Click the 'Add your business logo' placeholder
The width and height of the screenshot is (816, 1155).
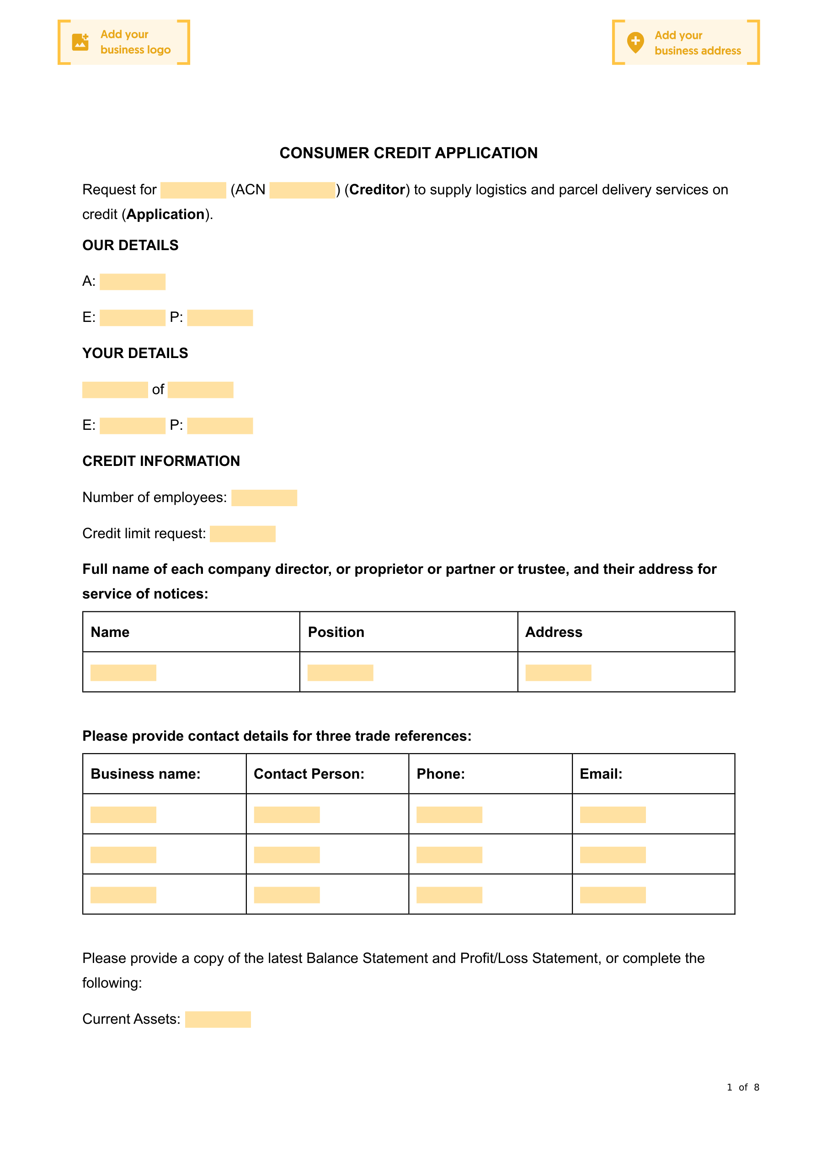(x=124, y=42)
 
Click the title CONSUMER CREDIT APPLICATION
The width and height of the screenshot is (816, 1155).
(x=409, y=153)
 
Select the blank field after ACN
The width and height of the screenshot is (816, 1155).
(x=302, y=190)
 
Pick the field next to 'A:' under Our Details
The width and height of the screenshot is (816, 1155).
(x=132, y=282)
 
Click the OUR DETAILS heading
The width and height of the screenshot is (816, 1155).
(x=130, y=246)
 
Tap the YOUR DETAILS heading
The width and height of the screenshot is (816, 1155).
(x=135, y=353)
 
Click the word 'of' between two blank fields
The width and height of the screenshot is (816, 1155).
(x=158, y=390)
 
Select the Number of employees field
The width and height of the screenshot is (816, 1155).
(x=264, y=497)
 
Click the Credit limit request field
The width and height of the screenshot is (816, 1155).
(x=242, y=534)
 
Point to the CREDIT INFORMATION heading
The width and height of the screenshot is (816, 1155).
(x=161, y=461)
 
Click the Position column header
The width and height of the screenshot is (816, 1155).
(x=336, y=632)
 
